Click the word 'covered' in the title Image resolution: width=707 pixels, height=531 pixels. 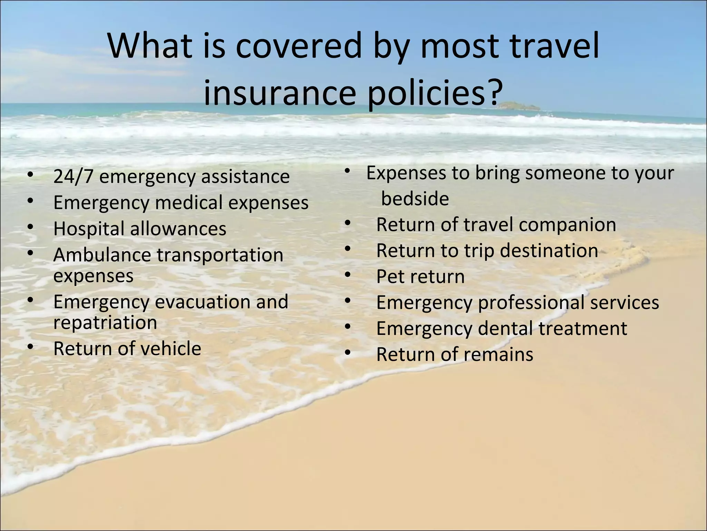298,46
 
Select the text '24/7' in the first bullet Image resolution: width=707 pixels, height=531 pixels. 73,176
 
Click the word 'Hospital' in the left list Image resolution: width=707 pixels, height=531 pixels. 88,229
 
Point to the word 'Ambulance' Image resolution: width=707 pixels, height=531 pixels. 102,255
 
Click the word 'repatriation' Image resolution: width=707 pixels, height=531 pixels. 105,323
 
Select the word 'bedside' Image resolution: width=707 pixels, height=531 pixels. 415,199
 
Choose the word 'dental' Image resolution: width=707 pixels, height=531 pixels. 505,328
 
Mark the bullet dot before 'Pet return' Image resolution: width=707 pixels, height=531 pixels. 347,275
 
